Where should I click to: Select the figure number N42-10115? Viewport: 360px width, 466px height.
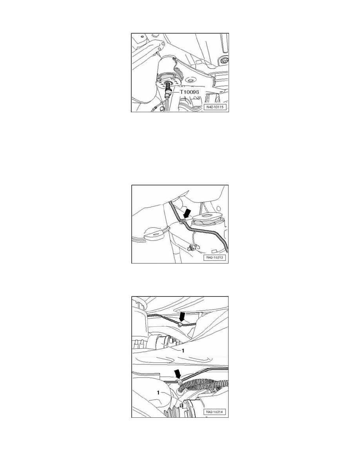[215, 106]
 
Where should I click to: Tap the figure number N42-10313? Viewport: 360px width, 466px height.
[215, 258]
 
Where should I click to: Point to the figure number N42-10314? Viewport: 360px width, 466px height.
[215, 412]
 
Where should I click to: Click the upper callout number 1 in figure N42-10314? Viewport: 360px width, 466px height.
[183, 351]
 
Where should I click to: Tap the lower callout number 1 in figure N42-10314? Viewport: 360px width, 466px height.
[158, 393]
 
